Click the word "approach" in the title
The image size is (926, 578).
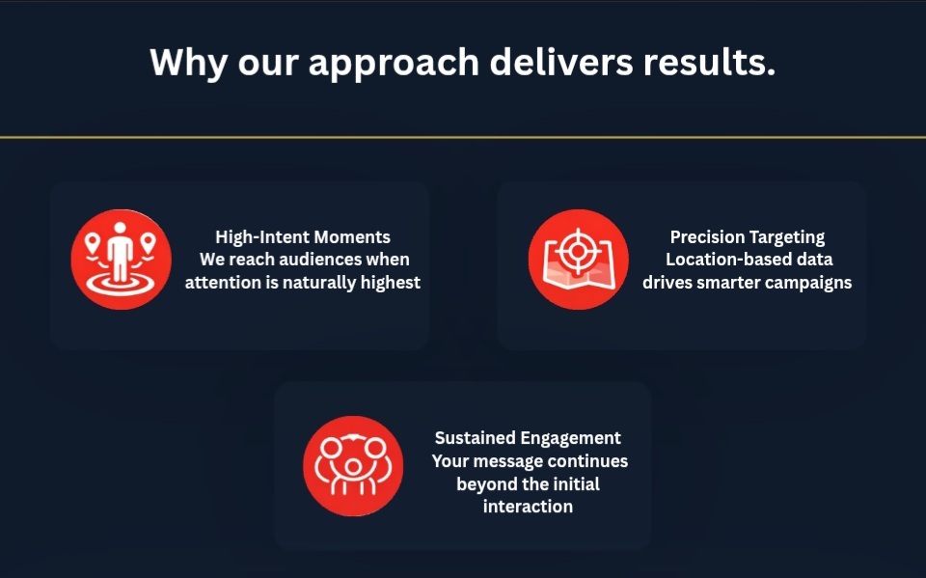[x=394, y=64]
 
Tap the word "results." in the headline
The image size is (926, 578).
[x=709, y=62]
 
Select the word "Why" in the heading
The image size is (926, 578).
[x=188, y=64]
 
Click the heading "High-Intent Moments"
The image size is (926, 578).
[x=303, y=237]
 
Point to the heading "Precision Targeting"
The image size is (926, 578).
[x=747, y=237]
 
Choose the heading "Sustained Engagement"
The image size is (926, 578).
[x=528, y=438]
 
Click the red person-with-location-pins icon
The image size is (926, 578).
[x=122, y=260]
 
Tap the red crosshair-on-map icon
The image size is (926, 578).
[x=578, y=260]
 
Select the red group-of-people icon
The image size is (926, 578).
[x=353, y=466]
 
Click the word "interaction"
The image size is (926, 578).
[x=528, y=507]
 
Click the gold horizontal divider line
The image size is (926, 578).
[x=463, y=138]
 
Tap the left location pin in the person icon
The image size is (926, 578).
[x=93, y=243]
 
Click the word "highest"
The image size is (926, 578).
[x=391, y=283]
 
